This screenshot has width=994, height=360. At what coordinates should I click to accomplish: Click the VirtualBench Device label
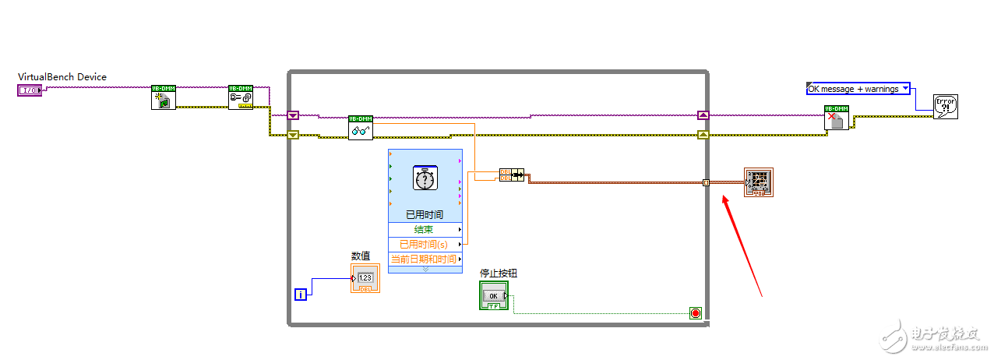tap(62, 77)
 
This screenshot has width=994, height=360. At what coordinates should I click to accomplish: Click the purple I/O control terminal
tap(28, 90)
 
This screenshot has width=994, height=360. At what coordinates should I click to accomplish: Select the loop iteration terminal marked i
tap(301, 294)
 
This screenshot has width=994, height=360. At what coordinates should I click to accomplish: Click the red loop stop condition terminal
tap(695, 313)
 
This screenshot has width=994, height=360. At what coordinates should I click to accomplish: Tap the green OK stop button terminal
tap(493, 296)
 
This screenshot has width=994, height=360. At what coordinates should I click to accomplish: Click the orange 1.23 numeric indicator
tap(365, 278)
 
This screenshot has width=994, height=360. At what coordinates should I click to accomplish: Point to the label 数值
tap(361, 256)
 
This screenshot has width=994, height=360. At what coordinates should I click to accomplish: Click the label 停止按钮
tap(499, 273)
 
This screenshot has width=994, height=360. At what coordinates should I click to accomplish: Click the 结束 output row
tap(425, 230)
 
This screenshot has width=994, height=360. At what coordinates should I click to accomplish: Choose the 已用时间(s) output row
tap(425, 245)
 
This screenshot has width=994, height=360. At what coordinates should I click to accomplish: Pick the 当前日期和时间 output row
tap(425, 259)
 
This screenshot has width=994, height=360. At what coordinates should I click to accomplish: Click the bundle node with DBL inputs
tap(512, 175)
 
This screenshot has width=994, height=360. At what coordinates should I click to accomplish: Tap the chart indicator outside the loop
tap(758, 182)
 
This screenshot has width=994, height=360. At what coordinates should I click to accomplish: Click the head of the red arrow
tap(724, 197)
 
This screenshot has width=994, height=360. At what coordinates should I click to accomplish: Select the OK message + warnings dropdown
tap(858, 89)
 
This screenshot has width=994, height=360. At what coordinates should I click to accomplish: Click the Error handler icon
tap(945, 107)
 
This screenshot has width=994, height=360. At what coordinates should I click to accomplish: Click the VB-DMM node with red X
tap(837, 118)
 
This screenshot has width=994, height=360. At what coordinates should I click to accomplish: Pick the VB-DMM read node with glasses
tap(361, 128)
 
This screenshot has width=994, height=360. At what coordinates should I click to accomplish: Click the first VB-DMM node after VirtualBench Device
tap(164, 97)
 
